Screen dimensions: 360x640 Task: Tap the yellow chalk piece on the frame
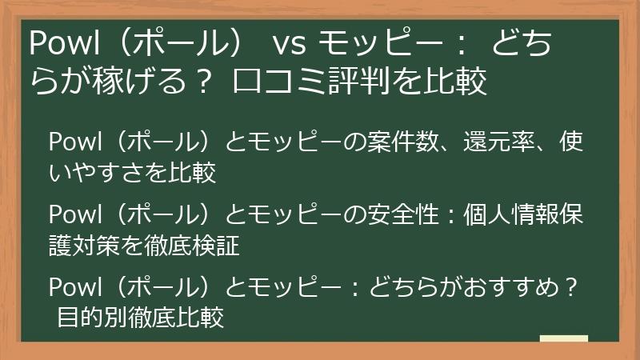point(563,339)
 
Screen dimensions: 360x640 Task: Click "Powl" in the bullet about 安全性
point(72,215)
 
